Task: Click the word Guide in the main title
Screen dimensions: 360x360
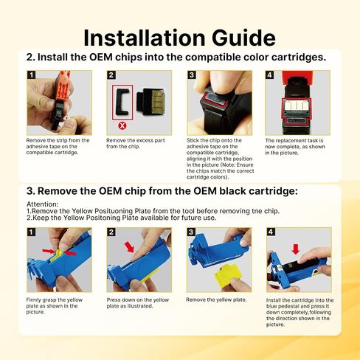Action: tap(243, 38)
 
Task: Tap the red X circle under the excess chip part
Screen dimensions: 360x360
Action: tap(122, 125)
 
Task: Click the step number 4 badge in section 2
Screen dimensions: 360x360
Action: tap(269, 75)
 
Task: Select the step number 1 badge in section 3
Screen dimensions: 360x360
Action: tap(31, 232)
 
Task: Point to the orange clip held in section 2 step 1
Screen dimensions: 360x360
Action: tap(63, 86)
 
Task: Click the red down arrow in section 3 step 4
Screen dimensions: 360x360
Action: tap(296, 249)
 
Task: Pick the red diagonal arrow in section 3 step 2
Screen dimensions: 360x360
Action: tap(129, 246)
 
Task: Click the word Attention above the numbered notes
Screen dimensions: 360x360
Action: tap(42, 204)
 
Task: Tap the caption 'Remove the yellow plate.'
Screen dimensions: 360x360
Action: tap(216, 300)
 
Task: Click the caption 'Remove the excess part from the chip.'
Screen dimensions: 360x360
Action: tap(136, 143)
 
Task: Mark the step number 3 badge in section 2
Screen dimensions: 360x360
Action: tap(192, 75)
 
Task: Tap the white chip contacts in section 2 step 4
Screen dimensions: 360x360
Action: tap(297, 105)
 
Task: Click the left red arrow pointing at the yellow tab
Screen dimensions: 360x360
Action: tap(49, 251)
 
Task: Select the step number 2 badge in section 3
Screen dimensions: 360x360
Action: tap(111, 232)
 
